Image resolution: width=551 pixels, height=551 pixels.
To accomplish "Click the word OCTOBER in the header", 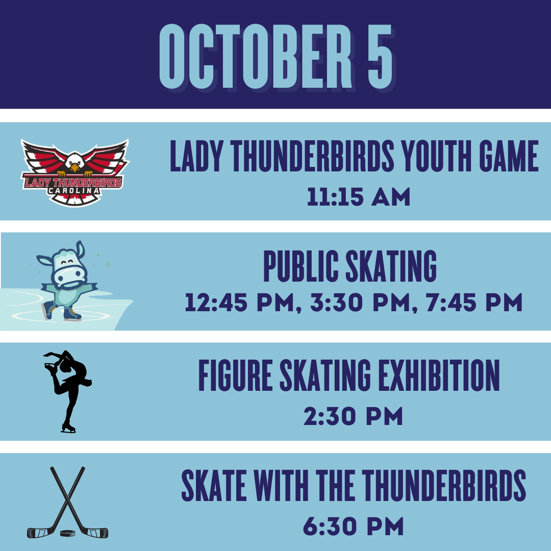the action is coord(256,56).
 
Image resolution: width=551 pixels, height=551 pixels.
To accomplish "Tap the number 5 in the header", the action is coord(380,56).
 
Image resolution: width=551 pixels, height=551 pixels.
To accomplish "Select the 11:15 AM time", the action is coord(359,196).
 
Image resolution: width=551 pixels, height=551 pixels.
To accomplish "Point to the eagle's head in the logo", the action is coord(75,163).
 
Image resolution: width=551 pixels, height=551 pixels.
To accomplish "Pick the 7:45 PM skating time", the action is coord(474,303).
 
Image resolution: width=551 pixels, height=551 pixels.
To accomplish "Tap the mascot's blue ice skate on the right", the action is coord(72,313).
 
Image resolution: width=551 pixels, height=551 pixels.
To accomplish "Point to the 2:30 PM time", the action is coord(353,416).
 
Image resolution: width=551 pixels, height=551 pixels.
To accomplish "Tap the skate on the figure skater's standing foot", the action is coord(68,428).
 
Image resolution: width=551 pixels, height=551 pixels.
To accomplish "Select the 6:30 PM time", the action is coord(354,527).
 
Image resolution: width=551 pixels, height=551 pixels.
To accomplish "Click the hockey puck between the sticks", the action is coord(67,534).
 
